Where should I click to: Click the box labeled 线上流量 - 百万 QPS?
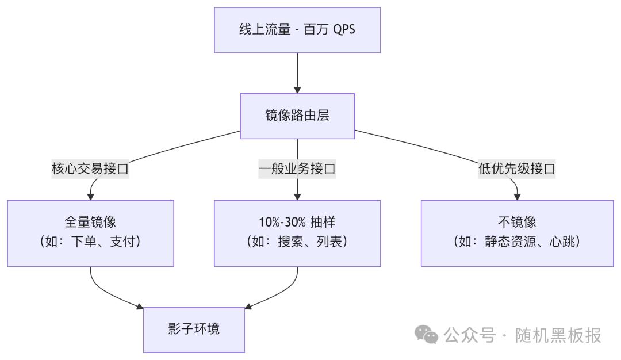coord(297,30)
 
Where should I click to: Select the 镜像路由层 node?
coord(297,116)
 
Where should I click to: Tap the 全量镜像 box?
coord(90,233)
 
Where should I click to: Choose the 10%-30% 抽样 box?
coord(297,233)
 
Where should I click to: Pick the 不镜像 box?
coord(516,233)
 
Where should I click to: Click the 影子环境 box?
coord(194,330)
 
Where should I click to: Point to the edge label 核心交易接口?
coord(90,169)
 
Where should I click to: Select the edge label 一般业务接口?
coord(297,169)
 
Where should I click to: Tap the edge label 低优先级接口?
coord(516,169)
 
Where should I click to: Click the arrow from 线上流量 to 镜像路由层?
coord(297,72)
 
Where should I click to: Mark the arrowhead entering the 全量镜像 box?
coord(90,196)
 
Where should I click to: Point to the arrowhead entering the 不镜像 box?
coord(516,196)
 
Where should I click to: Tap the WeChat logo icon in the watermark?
coord(427,334)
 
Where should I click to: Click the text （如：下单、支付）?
coord(90,242)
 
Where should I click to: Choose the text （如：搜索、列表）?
coord(297,242)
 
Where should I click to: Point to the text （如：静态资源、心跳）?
coord(516,242)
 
